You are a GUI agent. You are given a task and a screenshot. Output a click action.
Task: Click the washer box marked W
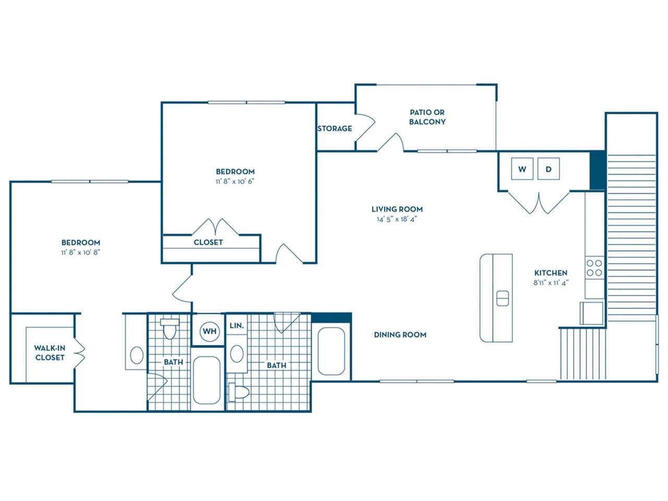[x=522, y=169]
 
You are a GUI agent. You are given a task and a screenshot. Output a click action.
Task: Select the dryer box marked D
[x=548, y=169]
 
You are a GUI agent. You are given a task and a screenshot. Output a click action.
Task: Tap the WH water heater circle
[x=209, y=331]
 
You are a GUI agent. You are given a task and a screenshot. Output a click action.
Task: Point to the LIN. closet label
[x=236, y=325]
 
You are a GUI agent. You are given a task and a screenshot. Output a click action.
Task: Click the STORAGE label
[x=335, y=128]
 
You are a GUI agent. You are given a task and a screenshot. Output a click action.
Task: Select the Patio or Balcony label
[x=427, y=117]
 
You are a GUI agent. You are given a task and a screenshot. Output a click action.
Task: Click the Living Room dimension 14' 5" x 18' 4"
[x=397, y=219]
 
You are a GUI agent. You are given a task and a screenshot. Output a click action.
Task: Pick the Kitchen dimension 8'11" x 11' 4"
[x=551, y=282]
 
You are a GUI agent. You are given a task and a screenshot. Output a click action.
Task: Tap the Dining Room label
[x=400, y=335]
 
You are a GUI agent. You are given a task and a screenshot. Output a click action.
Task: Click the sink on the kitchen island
[x=502, y=298]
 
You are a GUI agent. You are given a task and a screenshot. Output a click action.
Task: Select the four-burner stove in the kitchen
[x=594, y=268]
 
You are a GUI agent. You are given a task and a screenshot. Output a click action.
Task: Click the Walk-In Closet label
[x=50, y=353]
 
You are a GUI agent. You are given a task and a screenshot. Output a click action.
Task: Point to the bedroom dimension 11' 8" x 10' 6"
[x=235, y=182]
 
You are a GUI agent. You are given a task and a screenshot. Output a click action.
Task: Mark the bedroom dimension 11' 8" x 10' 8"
[x=80, y=252]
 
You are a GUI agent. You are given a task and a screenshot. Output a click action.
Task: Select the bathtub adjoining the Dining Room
[x=331, y=351]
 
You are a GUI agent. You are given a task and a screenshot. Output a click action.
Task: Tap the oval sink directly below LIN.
[x=236, y=354]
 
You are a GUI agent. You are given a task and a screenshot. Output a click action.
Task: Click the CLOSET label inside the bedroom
[x=208, y=242]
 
